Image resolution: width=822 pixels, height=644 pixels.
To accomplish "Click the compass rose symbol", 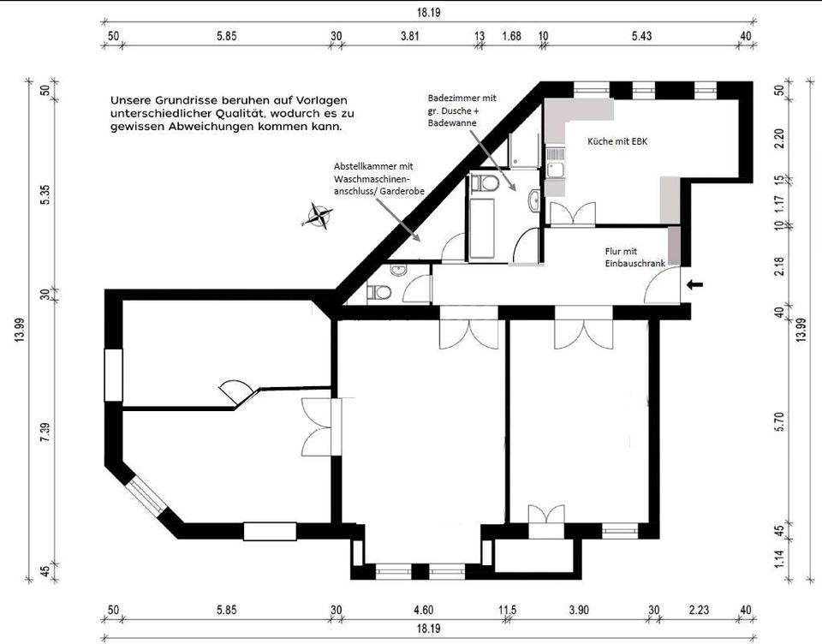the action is coord(318,216).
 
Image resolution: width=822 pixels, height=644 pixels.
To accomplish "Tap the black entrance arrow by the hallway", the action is coord(694,285).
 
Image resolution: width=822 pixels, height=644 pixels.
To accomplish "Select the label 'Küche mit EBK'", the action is coord(617,141).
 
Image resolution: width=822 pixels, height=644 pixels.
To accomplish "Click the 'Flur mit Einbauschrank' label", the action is coord(634,258).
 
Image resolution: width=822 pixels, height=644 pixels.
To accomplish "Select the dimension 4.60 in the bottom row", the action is coord(424,610).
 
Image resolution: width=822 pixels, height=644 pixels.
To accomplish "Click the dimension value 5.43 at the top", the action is coord(641,36).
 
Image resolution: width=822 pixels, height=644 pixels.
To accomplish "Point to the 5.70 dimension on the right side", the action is coord(779,421).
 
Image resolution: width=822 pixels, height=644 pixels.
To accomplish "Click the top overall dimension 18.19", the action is coord(429,12).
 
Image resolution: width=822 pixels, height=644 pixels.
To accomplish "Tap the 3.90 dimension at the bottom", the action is coord(579,610).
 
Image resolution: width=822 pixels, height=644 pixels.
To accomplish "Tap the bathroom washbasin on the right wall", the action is coord(534,200).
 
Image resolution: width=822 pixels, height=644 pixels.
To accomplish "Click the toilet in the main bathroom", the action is coord(485,183).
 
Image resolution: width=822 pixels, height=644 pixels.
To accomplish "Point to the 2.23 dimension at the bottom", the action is coord(699,610).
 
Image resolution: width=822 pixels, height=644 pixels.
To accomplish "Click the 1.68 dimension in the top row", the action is coord(512,36).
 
